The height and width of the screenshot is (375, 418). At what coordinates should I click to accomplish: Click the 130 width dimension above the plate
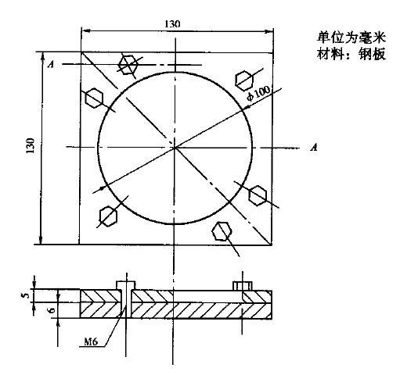click(172, 24)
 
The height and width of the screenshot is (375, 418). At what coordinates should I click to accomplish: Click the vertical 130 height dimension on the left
click(31, 145)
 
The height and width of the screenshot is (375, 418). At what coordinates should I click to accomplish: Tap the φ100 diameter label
click(258, 94)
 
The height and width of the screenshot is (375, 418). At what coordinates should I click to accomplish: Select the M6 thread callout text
click(91, 341)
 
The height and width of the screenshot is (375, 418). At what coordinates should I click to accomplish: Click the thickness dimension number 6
click(52, 310)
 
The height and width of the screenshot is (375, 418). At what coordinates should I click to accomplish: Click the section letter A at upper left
click(51, 64)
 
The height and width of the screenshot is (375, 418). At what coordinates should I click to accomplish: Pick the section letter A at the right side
click(314, 147)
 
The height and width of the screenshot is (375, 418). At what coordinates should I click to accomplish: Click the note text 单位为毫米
click(351, 37)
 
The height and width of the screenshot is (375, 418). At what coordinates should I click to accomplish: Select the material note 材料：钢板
click(351, 54)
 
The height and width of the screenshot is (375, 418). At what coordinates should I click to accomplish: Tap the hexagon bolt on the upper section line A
click(128, 65)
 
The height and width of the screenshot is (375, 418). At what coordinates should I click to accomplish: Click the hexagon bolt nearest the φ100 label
click(244, 80)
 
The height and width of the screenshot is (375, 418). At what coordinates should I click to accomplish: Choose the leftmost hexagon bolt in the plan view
click(94, 98)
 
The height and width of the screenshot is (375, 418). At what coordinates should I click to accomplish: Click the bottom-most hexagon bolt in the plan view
click(222, 231)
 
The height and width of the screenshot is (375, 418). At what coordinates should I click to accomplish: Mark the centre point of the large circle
click(175, 147)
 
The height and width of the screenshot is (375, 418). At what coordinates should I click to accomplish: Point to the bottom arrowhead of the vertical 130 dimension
click(41, 241)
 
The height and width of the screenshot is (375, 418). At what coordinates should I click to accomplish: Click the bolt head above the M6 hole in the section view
click(126, 285)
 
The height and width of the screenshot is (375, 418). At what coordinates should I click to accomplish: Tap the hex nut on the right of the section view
click(243, 286)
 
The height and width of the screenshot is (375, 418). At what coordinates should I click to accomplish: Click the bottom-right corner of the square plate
click(272, 245)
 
